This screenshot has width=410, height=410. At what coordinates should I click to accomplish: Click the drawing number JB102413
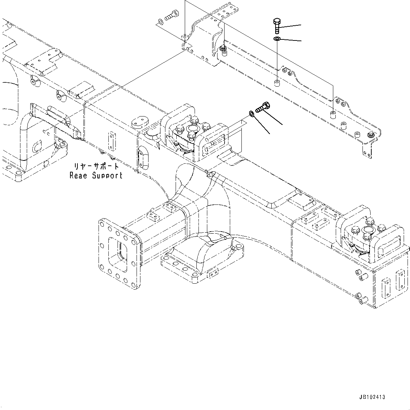pyautogui.click(x=372, y=397)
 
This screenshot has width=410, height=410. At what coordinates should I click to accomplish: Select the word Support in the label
pyautogui.click(x=107, y=176)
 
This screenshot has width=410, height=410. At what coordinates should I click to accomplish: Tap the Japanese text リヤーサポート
pyautogui.click(x=96, y=166)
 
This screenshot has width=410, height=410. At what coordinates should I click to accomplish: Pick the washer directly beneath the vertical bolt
pyautogui.click(x=277, y=38)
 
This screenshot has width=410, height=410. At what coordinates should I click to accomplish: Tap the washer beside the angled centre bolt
pyautogui.click(x=251, y=113)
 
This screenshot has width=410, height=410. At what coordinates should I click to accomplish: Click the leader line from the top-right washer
pyautogui.click(x=291, y=40)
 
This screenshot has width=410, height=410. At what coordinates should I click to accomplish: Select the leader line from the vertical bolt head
pyautogui.click(x=290, y=26)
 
